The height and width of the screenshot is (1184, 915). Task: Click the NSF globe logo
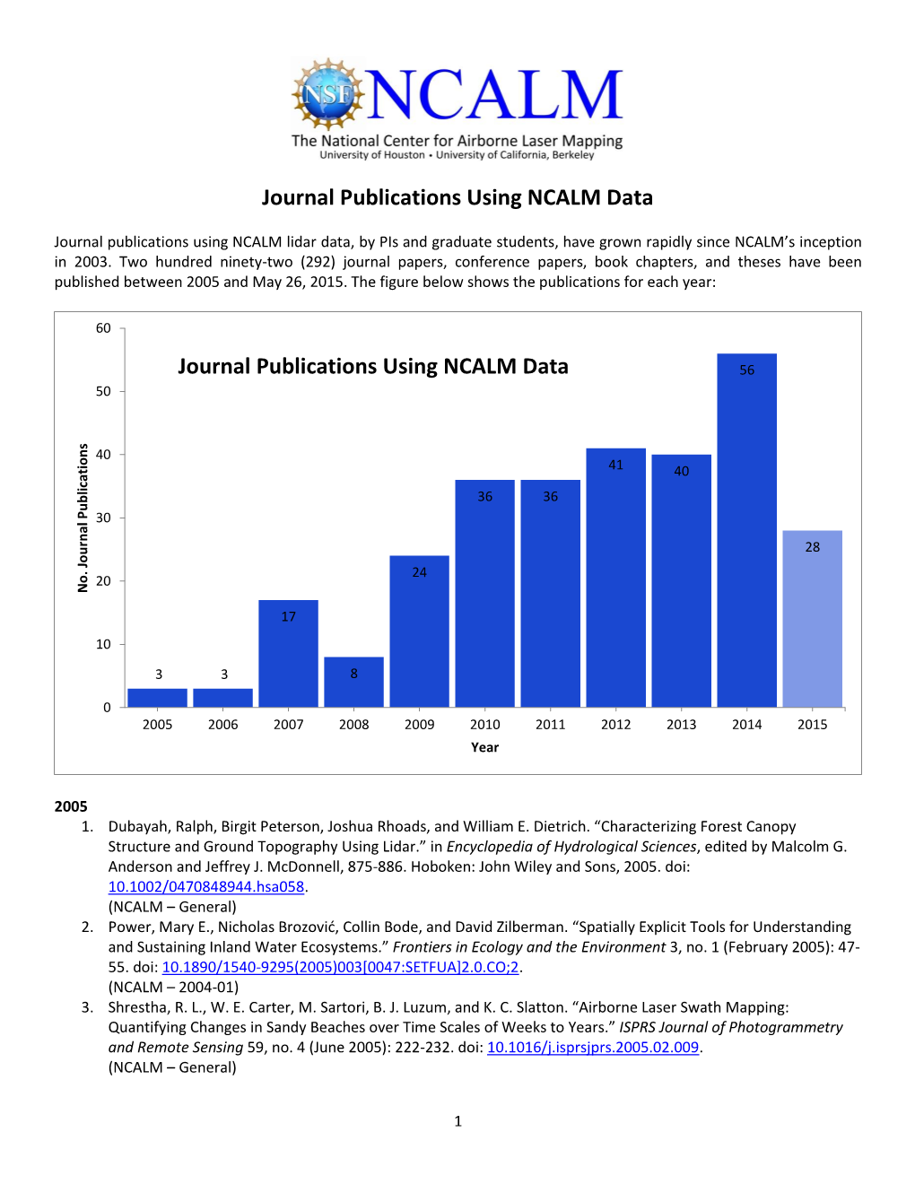pos(328,93)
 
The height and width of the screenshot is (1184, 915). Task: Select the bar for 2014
pos(746,538)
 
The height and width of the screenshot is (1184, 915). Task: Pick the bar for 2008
pos(353,686)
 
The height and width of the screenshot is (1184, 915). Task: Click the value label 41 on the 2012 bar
pos(615,465)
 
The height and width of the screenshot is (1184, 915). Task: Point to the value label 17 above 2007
pos(288,616)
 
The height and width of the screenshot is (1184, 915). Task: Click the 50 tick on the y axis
pos(104,391)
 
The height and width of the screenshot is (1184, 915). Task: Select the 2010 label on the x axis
pos(484,725)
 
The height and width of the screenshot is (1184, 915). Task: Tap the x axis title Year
pos(484,747)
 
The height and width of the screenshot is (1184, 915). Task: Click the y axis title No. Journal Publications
pos(83,518)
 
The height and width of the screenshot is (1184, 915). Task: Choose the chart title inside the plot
pos(372,366)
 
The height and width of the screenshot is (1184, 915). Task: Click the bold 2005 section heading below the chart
pos(71,806)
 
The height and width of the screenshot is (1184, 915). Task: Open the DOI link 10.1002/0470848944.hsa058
pos(206,886)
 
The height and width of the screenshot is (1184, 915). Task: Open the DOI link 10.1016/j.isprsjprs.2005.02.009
pos(592,1048)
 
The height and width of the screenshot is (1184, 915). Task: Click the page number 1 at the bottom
pos(457,1120)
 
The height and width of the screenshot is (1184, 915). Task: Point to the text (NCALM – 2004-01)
pos(173,987)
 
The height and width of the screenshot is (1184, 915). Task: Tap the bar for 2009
pos(419,637)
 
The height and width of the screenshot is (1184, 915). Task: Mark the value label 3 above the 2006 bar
pos(224,675)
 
